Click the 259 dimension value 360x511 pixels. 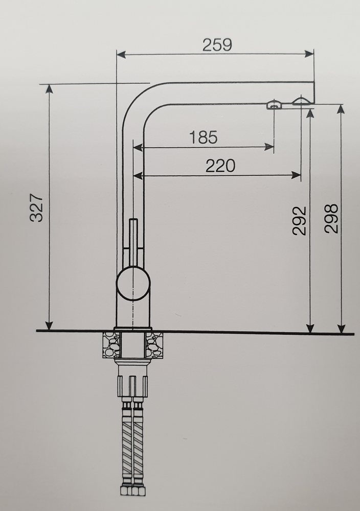click(217, 44)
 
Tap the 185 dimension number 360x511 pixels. click(203, 137)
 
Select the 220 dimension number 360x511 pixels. click(220, 166)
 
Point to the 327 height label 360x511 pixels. click(36, 207)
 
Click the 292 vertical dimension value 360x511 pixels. click(299, 221)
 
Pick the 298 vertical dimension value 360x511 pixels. click(331, 219)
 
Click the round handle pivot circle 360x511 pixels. click(133, 283)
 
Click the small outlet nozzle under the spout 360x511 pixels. click(274, 105)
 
